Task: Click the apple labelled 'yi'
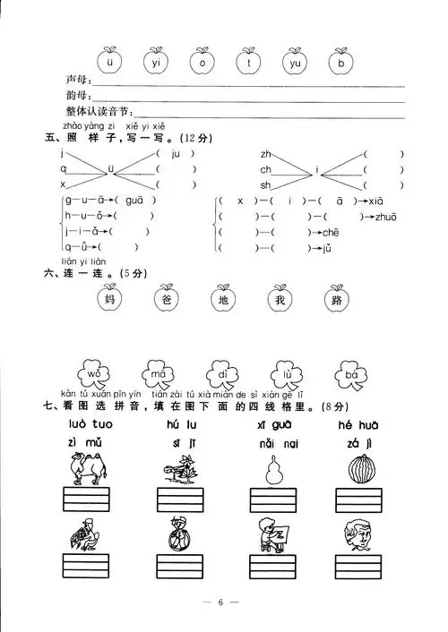156,64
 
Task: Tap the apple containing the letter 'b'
339,64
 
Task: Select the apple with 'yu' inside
292,64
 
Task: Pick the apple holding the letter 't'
247,64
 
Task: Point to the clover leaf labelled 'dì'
220,373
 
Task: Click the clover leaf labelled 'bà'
350,373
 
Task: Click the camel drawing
86,468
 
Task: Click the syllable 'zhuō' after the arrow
389,217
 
